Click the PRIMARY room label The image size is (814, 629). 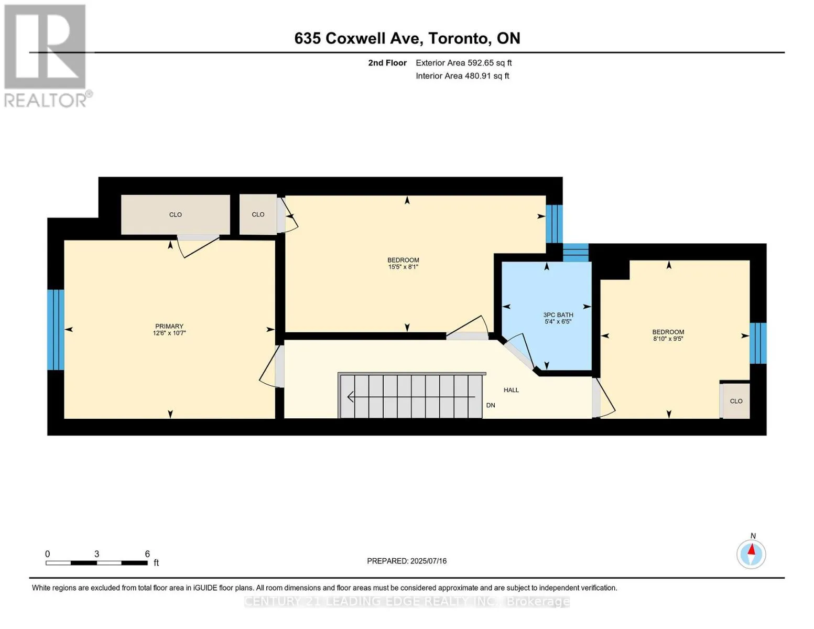point(169,327)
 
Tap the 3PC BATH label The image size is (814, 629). point(558,315)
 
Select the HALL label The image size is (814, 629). point(511,390)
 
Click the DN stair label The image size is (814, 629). point(491,405)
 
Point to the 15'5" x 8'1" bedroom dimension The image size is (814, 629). point(403,267)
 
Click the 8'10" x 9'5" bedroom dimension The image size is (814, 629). point(668,339)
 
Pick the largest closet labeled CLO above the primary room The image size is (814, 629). point(175,215)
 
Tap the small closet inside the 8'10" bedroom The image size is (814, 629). point(736,401)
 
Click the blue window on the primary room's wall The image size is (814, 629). point(56,330)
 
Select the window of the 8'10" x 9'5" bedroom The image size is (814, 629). point(757,343)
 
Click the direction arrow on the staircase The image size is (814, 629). point(411,396)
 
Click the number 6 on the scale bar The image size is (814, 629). point(147,554)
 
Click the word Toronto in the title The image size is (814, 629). point(460,38)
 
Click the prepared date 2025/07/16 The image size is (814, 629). point(428,561)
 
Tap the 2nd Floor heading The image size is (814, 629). point(387,63)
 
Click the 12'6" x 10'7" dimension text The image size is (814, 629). point(169,333)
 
